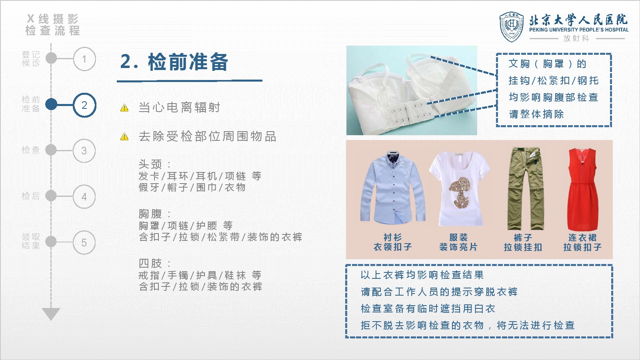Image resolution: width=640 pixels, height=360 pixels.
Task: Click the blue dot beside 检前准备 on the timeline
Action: [51, 104]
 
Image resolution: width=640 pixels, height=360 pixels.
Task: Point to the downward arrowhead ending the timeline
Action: [51, 314]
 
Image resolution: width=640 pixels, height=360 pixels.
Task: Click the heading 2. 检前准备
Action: [174, 62]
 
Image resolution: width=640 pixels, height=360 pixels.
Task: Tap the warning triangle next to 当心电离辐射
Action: [124, 108]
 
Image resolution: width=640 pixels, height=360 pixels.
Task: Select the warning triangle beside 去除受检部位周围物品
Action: [124, 136]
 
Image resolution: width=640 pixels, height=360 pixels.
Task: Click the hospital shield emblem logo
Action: [512, 27]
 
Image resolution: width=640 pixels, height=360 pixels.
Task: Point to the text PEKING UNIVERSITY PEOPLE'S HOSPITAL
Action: [579, 30]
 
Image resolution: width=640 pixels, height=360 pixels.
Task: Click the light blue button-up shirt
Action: [393, 187]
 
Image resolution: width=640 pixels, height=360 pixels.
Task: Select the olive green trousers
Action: [525, 188]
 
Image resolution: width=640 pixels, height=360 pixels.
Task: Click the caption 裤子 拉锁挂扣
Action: [523, 242]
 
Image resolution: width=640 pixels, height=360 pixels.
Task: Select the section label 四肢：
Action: [154, 263]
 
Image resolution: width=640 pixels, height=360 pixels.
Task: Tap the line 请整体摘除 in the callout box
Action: [536, 114]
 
